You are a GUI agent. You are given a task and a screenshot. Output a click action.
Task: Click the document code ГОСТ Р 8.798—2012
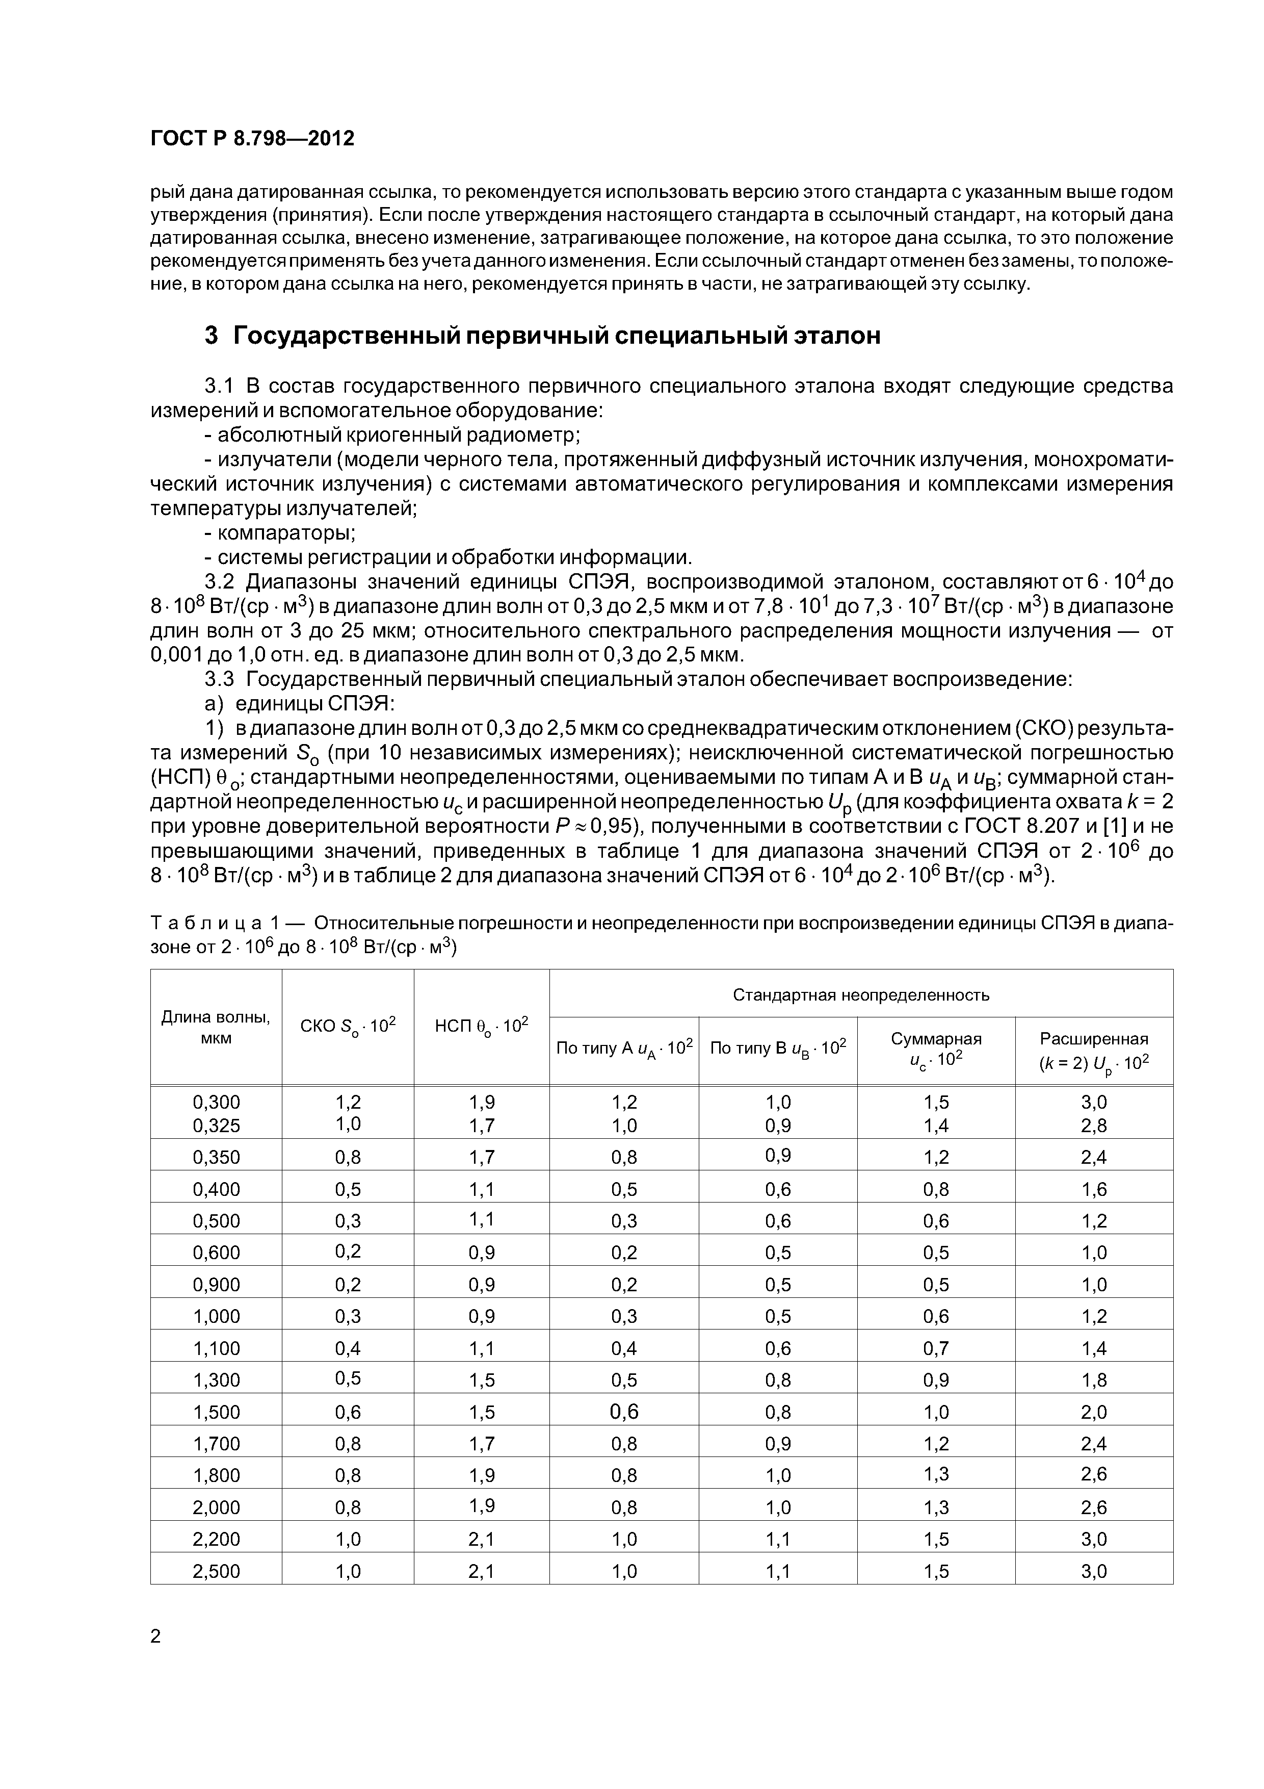click(x=252, y=139)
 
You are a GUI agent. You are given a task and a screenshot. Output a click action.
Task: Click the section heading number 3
click(x=211, y=336)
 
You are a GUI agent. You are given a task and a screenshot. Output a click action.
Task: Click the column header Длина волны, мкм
click(x=216, y=1027)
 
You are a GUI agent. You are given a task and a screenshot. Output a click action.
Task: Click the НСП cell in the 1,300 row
click(x=481, y=1380)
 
